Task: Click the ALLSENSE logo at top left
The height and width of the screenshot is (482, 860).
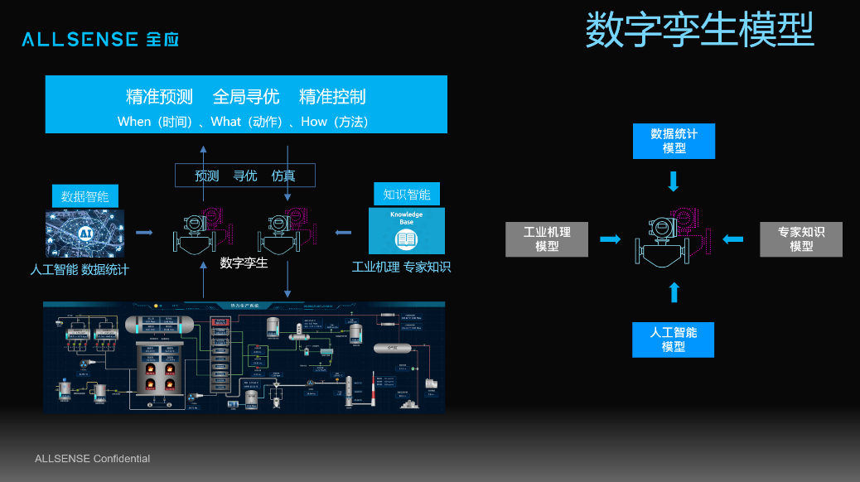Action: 100,39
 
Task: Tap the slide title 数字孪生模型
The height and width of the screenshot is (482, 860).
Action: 699,31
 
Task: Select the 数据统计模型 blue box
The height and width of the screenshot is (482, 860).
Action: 674,141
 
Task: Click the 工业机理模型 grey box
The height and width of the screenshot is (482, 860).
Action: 547,239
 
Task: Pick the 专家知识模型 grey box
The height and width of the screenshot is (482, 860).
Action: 800,239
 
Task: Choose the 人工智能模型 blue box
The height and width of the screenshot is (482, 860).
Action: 674,340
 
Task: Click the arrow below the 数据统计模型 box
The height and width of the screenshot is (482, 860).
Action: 674,181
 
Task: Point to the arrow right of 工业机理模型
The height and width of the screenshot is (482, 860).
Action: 610,239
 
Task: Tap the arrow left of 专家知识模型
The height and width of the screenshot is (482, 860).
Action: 733,239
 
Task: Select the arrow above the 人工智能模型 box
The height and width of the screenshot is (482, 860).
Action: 674,292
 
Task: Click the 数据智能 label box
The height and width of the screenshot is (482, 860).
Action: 85,196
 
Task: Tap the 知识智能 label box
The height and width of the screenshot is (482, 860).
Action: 406,195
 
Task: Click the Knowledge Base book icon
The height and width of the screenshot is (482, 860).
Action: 406,239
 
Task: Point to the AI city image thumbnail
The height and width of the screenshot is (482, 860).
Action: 85,233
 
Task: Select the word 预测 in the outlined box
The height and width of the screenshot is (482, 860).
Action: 207,176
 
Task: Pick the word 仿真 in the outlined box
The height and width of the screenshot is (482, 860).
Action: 283,176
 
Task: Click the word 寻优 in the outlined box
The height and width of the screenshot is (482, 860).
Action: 245,176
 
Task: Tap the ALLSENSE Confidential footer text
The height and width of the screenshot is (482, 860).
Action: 92,459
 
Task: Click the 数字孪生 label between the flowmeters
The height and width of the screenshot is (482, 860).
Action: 244,263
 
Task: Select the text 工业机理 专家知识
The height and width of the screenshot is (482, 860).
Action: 401,268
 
